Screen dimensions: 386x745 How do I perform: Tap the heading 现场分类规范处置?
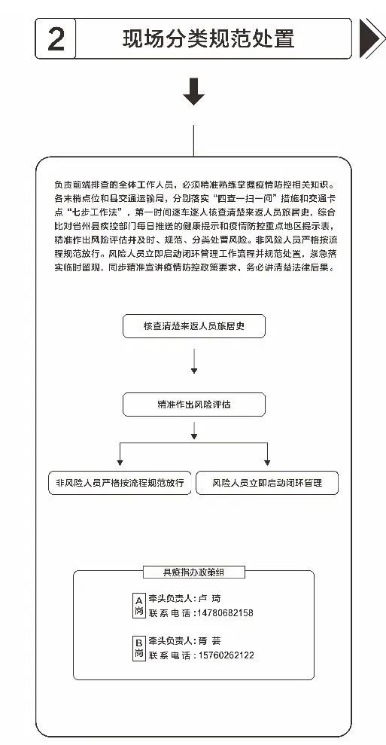pos(209,38)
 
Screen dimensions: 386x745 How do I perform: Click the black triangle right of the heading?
pos(369,38)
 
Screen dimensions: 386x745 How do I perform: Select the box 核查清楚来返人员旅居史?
pos(193,327)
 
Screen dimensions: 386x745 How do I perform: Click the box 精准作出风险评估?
pos(193,404)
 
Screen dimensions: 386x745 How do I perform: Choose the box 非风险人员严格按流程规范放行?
pos(120,482)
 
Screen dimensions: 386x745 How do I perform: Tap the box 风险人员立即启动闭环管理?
pos(267,482)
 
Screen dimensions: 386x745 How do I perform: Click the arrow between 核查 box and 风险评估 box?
pos(193,365)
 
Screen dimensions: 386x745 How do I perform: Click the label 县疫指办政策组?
pos(193,572)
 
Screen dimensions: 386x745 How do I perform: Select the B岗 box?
pos(138,648)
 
